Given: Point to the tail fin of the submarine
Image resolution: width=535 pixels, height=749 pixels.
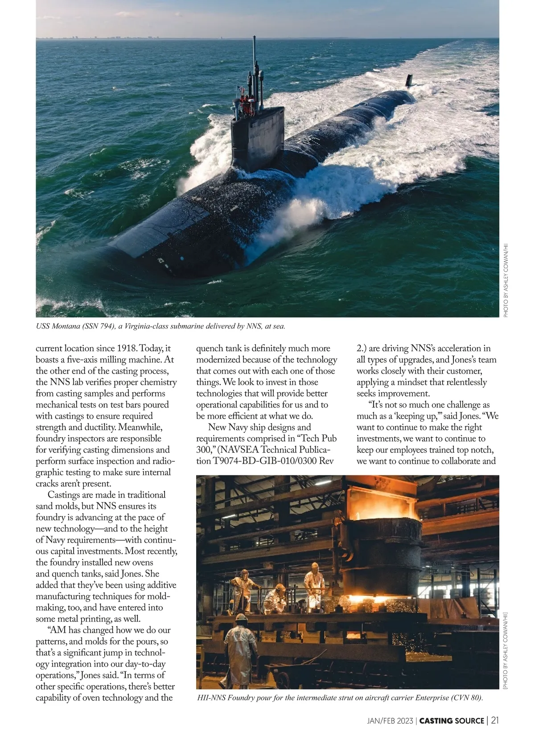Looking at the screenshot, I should coord(409,81).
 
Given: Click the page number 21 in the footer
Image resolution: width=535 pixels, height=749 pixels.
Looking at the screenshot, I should coord(494,720).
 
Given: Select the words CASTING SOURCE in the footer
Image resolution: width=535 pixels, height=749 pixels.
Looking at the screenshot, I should coord(452,721).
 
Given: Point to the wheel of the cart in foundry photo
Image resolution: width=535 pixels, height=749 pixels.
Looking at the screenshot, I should coord(281,680).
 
